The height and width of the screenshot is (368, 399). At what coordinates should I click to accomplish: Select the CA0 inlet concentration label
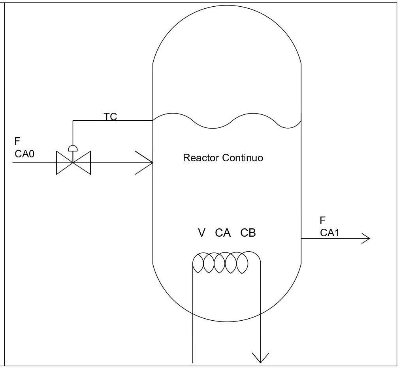24,154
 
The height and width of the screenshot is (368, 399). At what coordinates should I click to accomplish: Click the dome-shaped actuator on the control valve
73,148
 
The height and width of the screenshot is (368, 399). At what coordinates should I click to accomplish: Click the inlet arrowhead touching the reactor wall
146,163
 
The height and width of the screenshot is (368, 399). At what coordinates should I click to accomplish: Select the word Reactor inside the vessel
201,158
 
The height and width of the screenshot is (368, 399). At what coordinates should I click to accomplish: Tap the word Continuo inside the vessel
243,158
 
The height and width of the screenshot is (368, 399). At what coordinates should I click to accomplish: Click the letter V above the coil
201,233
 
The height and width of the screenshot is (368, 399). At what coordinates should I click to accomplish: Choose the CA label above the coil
223,233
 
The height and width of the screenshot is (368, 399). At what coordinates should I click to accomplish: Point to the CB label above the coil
248,233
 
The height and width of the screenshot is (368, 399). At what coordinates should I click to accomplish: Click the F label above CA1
323,221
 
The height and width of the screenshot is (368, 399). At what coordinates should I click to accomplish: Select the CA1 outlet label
330,233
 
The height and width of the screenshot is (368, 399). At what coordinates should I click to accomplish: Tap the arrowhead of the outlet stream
365,238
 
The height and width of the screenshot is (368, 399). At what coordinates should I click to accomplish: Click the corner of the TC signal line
73,121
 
